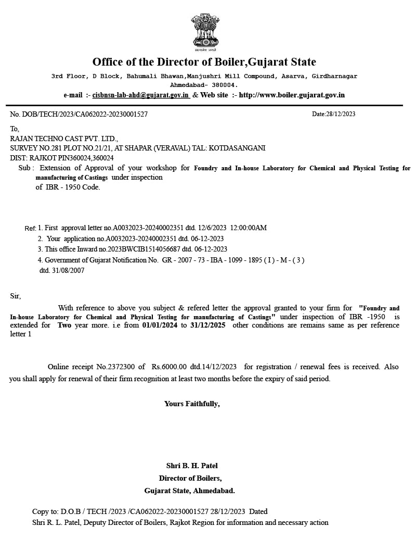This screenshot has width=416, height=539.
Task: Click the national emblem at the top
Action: [204, 32]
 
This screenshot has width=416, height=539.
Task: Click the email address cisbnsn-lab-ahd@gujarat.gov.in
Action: [140, 95]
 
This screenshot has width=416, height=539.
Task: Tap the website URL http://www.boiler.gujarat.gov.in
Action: [292, 95]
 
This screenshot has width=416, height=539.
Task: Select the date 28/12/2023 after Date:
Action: [341, 114]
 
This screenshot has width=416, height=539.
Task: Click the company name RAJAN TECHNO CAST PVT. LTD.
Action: [64, 139]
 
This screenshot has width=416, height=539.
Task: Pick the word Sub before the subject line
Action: [25, 168]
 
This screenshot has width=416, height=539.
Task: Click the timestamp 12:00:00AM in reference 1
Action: [249, 228]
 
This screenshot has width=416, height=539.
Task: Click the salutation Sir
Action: [16, 296]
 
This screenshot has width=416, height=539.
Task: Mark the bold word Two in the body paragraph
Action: [64, 325]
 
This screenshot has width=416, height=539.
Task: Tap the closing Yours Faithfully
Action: [192, 404]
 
